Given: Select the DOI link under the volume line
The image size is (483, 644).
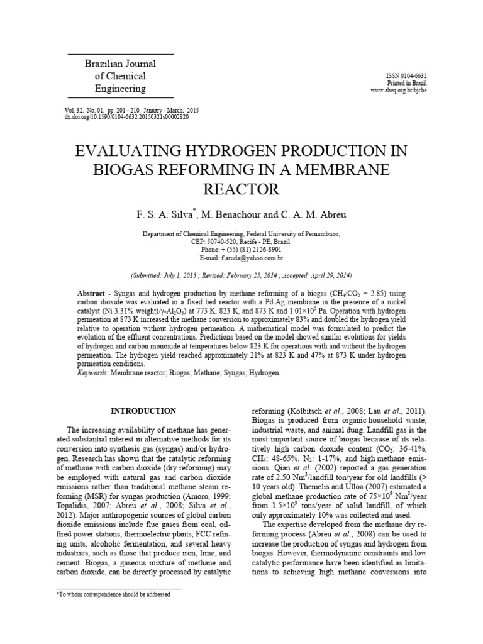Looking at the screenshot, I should pos(126,117).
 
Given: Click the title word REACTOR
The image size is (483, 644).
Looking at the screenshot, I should pos(241,189).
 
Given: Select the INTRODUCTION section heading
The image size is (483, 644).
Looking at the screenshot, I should pos(143,411).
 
